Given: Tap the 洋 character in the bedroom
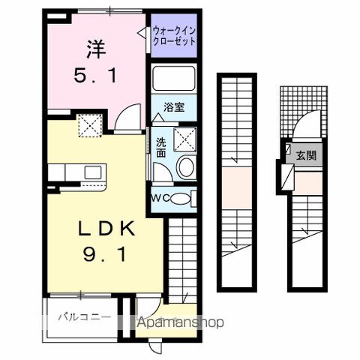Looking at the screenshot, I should [94, 49].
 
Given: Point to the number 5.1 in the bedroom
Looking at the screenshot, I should [94, 75].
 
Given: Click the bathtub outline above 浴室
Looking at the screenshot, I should [174, 79].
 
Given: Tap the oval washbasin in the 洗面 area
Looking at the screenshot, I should [187, 167].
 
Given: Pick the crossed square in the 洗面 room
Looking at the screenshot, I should [184, 139].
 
